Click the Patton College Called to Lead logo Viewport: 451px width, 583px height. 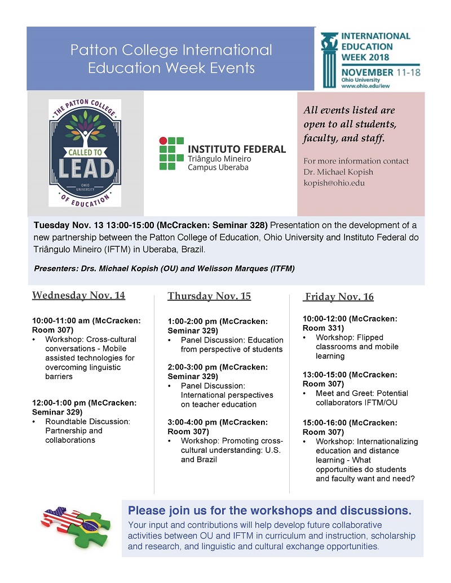[x=85, y=153]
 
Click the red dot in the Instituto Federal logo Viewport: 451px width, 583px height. [x=163, y=140]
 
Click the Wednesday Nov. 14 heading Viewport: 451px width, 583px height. [x=78, y=295]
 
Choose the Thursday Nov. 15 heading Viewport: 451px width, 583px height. [x=209, y=296]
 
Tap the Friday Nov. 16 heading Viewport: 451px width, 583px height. [x=339, y=297]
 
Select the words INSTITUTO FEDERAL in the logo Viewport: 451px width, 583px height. [x=237, y=149]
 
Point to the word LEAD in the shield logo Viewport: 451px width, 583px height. [x=85, y=169]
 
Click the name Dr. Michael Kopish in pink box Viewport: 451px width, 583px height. [x=336, y=172]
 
